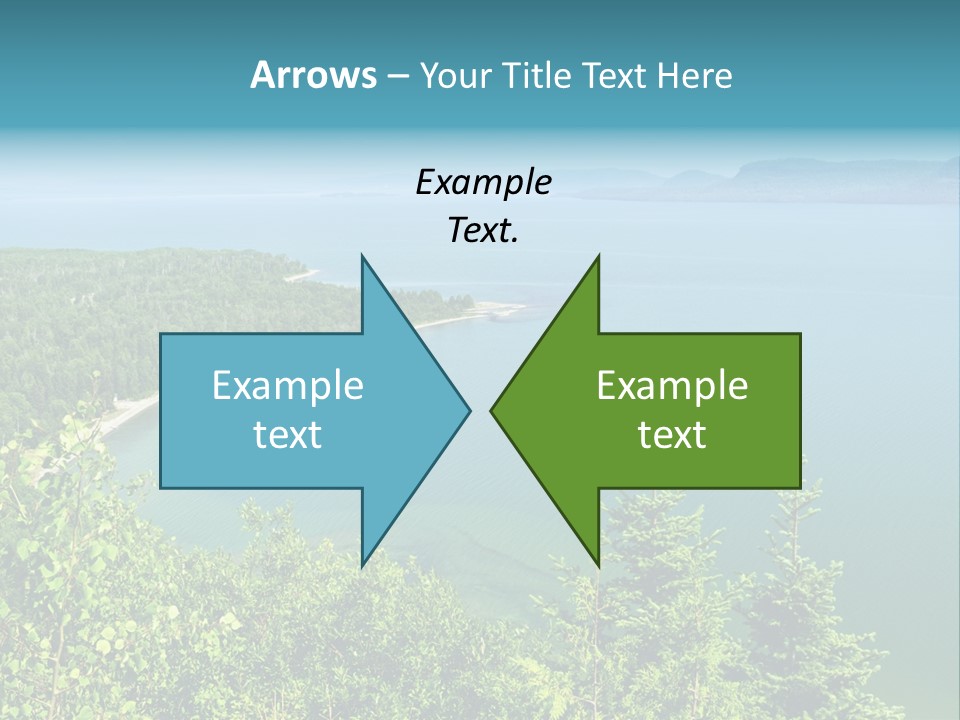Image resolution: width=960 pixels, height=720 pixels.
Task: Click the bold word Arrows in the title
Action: [312, 75]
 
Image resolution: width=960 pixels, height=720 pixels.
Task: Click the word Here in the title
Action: [694, 76]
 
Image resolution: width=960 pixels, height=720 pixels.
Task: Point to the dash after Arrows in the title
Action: [397, 77]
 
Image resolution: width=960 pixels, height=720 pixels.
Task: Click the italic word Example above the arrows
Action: [483, 182]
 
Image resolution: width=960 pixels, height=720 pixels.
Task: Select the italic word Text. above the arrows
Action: [483, 231]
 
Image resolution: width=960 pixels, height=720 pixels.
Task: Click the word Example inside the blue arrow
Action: [288, 385]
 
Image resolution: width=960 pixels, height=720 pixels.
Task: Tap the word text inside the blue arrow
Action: [288, 434]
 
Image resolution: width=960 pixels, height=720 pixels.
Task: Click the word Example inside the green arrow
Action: [672, 385]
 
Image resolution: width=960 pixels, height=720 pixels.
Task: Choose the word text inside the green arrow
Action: [672, 434]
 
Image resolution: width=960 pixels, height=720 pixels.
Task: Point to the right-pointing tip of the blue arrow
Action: [470, 410]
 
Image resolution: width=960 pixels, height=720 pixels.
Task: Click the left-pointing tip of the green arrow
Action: [491, 410]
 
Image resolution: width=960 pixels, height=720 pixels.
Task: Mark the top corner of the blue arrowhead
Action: [362, 256]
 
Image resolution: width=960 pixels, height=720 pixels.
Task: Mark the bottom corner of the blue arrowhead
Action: [362, 565]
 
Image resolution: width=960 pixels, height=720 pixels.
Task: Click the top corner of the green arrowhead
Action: [598, 256]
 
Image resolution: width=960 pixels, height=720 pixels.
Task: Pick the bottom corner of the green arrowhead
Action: [598, 565]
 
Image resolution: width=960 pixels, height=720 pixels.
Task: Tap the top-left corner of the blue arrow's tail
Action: [161, 334]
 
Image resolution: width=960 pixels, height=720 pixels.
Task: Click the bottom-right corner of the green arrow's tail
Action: [800, 487]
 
